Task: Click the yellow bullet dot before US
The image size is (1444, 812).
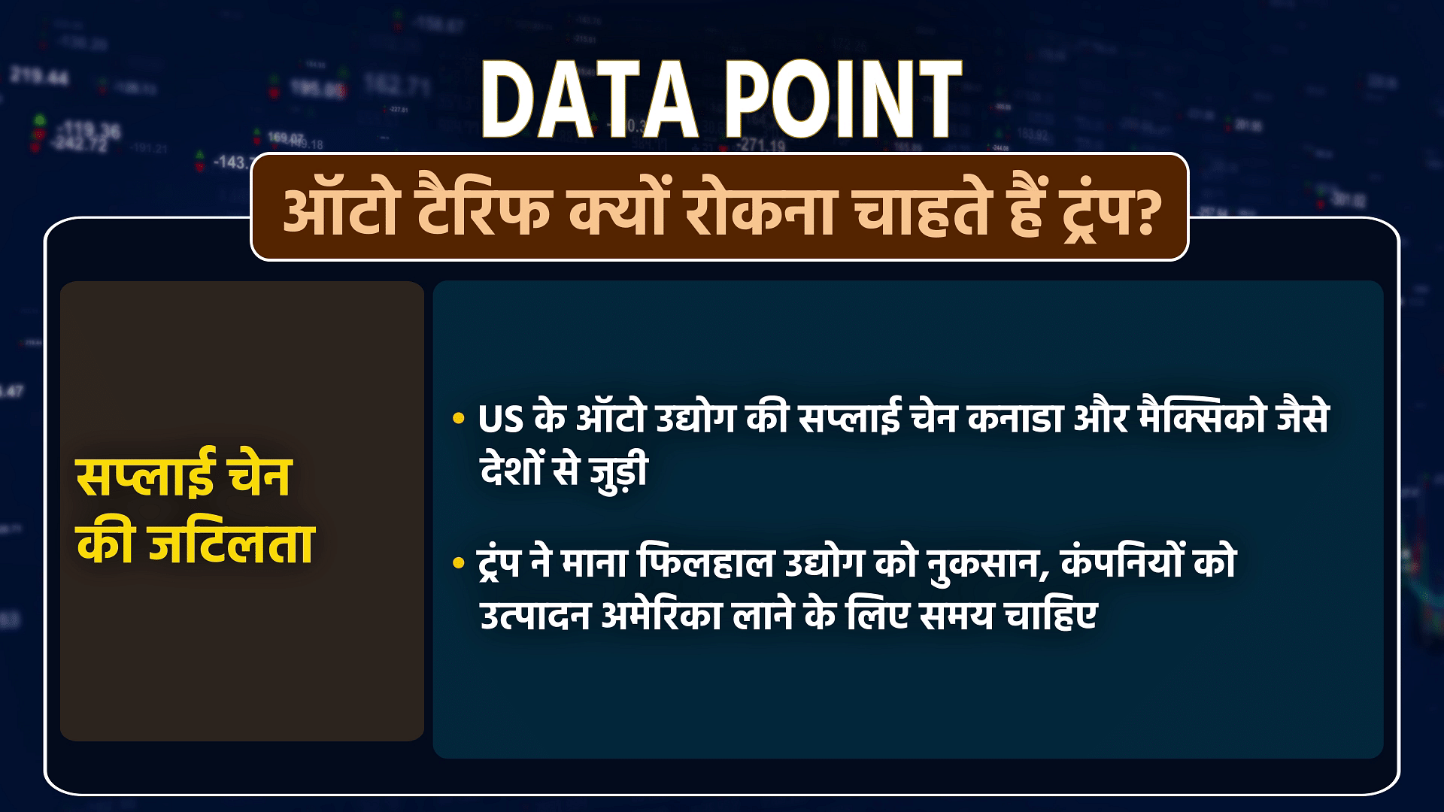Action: point(458,420)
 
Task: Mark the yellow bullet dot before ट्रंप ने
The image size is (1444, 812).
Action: point(458,564)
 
